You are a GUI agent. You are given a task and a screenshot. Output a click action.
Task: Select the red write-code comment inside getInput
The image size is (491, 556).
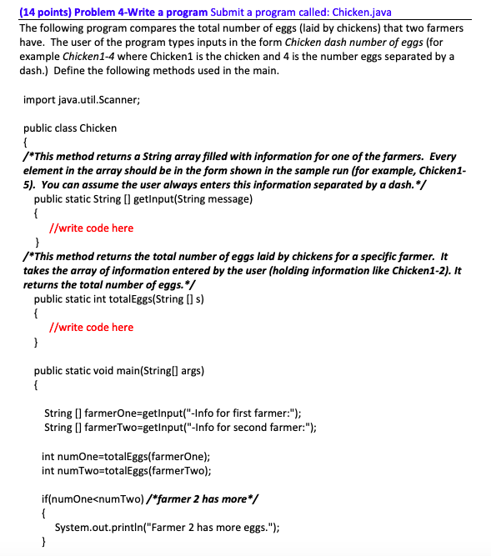[91, 228]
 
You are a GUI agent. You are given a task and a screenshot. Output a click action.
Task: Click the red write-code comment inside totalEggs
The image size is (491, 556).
[91, 327]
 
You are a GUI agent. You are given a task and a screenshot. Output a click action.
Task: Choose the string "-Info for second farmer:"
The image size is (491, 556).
[248, 428]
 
